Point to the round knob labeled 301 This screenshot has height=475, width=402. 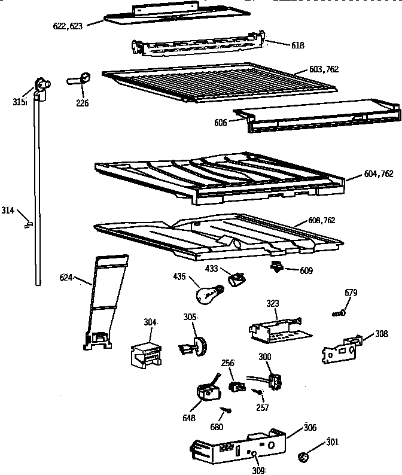pyautogui.click(x=303, y=458)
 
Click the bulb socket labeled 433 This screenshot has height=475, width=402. pyautogui.click(x=237, y=278)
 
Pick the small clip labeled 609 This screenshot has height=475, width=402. pyautogui.click(x=277, y=267)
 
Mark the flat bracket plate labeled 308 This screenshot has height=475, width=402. pyautogui.click(x=340, y=350)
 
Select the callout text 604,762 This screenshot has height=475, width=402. pyautogui.click(x=378, y=175)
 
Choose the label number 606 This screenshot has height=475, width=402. pyautogui.click(x=220, y=123)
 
